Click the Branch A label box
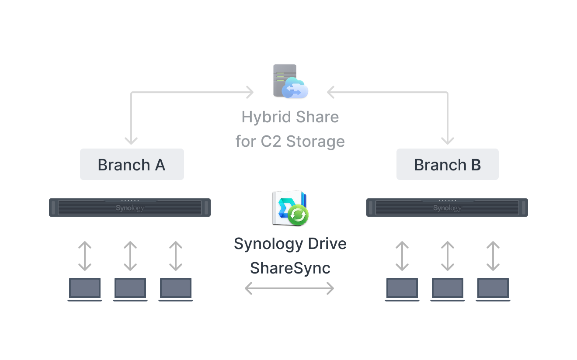(x=132, y=164)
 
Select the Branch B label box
(x=448, y=164)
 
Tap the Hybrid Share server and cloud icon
(x=291, y=81)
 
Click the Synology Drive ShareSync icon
(x=290, y=208)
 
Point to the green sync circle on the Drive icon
(x=298, y=215)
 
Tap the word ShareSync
(x=290, y=268)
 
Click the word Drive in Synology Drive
(x=327, y=244)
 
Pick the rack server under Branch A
(x=130, y=208)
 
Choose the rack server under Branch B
(x=447, y=208)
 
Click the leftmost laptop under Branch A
(x=85, y=290)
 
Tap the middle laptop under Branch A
(x=130, y=290)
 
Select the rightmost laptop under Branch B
(x=493, y=290)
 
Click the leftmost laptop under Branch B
(x=402, y=290)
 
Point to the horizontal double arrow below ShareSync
(x=289, y=288)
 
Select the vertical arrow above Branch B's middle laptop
(x=448, y=256)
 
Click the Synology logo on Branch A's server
(x=130, y=208)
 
